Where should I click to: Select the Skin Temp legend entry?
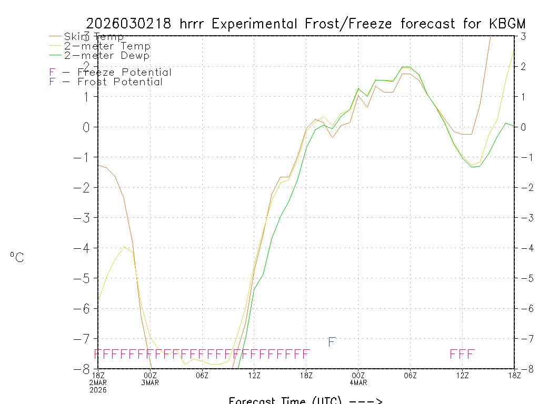[x=94, y=36]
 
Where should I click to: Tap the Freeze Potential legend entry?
[x=110, y=72]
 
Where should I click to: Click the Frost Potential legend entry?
[x=106, y=82]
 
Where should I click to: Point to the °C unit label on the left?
[x=17, y=257]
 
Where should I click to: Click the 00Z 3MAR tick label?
[x=150, y=378]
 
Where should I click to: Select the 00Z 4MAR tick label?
[x=358, y=378]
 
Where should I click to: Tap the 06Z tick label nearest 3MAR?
[x=202, y=375]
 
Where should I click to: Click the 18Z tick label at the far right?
[x=514, y=375]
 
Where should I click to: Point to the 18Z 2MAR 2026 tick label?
[x=98, y=382]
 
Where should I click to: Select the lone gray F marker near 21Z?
[x=332, y=342]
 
